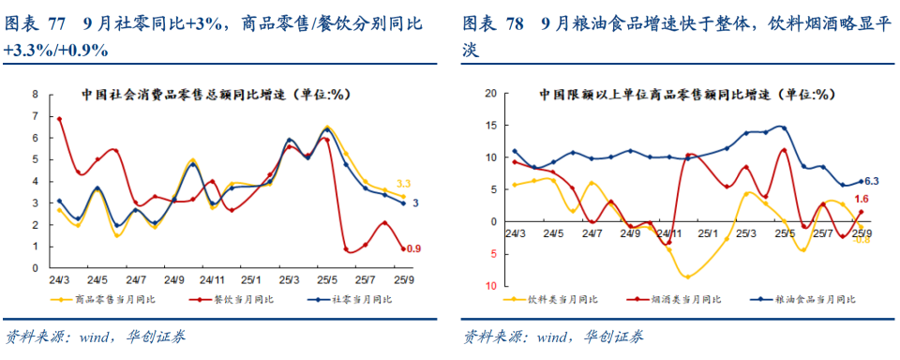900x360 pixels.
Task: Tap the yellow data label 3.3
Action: click(405, 183)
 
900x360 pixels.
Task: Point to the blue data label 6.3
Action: click(870, 181)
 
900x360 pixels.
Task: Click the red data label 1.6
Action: click(863, 199)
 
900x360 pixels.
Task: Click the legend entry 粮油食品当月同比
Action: click(807, 299)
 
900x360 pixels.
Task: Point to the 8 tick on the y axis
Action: click(35, 94)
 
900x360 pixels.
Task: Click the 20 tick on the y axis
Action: click(489, 94)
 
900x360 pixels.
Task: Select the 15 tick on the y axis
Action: click(489, 126)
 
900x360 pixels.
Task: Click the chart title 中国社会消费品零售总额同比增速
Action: click(215, 94)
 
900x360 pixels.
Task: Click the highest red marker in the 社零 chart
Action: click(59, 119)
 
